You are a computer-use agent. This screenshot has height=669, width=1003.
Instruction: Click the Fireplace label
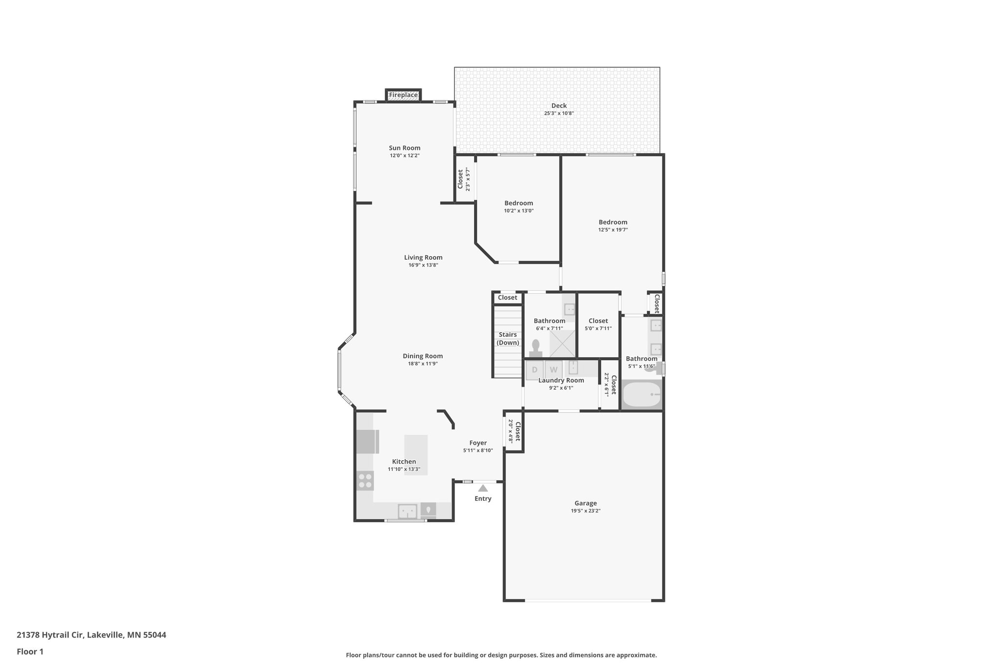tap(403, 95)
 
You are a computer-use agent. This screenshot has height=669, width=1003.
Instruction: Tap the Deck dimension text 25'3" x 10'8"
tap(559, 113)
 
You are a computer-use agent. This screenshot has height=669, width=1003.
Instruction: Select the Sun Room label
tap(405, 148)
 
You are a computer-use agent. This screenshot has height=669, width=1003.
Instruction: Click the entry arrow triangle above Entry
tap(483, 488)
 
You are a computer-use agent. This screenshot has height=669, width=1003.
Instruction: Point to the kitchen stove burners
tap(365, 480)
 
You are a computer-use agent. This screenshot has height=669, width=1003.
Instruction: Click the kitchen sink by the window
tap(407, 511)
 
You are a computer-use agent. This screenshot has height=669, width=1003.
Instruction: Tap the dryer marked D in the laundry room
tap(535, 370)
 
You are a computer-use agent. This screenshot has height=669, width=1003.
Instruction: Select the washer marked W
tap(553, 370)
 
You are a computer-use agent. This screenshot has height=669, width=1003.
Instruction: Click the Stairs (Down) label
tap(508, 339)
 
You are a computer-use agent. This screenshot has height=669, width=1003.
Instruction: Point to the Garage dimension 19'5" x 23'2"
tap(585, 511)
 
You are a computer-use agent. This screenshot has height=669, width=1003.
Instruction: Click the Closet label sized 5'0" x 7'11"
tap(598, 321)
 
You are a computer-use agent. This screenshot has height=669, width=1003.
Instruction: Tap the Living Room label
tap(423, 257)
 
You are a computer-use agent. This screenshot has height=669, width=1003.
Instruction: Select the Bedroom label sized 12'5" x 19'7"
tap(613, 222)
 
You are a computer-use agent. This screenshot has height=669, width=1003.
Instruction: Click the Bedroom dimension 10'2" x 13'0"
tap(519, 211)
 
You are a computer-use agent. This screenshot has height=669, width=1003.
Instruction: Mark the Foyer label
tap(478, 443)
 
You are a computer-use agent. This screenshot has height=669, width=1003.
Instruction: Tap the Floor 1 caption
tap(30, 652)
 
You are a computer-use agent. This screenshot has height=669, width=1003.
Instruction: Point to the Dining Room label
tap(423, 356)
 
